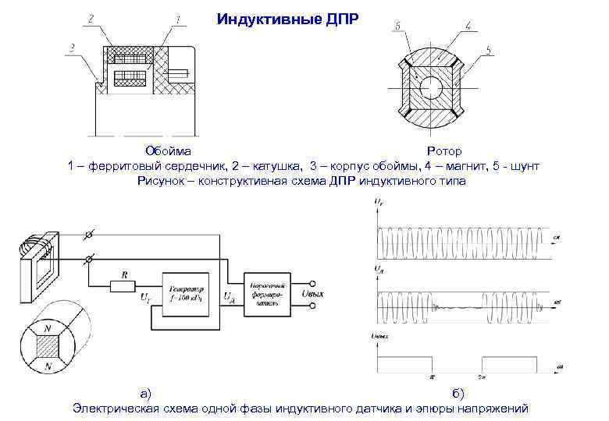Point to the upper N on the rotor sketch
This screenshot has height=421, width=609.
pos(49,330)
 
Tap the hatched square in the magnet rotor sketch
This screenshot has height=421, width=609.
pos(48,348)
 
